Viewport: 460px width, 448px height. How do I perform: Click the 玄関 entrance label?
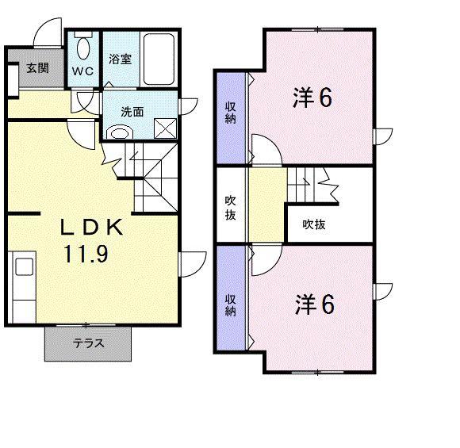36,68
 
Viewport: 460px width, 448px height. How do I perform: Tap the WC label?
82,71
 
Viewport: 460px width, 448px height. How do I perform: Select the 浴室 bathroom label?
119,58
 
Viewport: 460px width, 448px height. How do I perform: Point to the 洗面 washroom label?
132,112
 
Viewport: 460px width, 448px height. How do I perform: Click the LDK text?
93,228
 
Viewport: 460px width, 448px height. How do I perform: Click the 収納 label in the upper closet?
230,113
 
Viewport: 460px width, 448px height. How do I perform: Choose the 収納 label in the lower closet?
230,305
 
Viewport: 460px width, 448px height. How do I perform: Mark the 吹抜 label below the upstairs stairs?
314,224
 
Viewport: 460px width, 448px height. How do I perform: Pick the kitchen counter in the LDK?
23,285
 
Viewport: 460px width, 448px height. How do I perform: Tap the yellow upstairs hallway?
266,208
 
